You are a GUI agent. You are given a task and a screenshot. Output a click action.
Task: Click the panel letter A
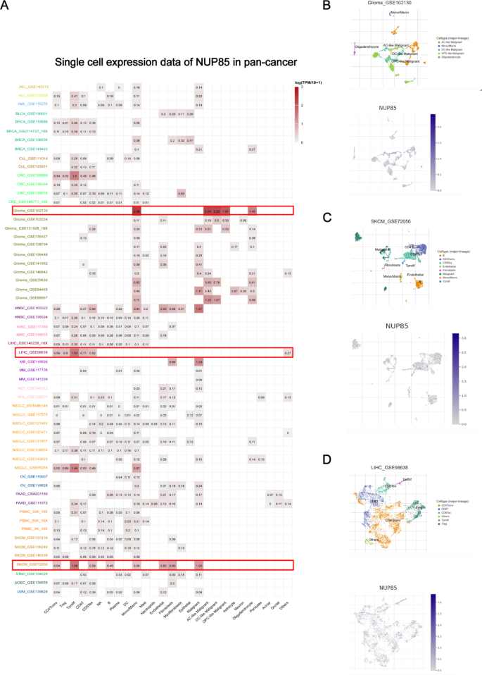click(6, 8)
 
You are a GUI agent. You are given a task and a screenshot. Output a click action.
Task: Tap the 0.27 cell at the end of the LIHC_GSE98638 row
click(288, 352)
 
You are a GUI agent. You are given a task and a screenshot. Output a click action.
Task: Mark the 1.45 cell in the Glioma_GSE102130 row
click(252, 211)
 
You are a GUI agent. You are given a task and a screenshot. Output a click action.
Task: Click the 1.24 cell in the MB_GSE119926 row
click(198, 361)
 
